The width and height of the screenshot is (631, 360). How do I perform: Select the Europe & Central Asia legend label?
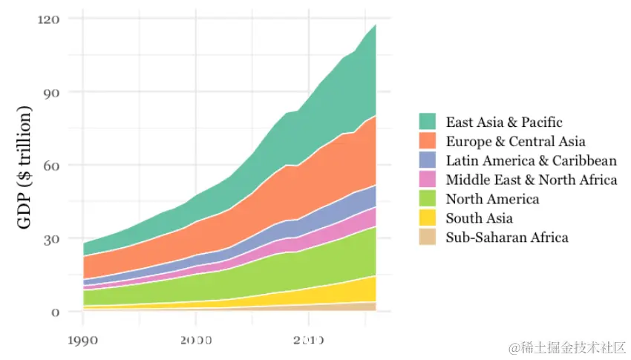coord(515,141)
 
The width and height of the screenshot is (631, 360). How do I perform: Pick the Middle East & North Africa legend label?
coord(531,180)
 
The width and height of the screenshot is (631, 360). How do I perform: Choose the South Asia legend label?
coord(479,218)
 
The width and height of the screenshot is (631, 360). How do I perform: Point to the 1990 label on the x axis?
coord(82,339)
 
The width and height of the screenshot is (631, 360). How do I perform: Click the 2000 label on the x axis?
coord(195,339)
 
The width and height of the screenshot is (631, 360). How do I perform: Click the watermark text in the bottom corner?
coord(568,347)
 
